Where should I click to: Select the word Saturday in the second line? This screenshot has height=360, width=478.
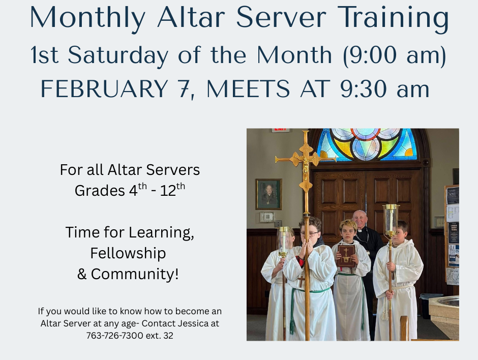(x=117, y=55)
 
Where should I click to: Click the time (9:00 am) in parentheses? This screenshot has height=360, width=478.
(x=395, y=55)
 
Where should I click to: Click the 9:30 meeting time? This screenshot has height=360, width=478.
(x=364, y=88)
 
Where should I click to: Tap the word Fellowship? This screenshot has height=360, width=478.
(x=128, y=253)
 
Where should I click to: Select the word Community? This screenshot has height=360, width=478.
(x=135, y=274)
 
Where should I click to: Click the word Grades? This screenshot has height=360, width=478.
(x=100, y=191)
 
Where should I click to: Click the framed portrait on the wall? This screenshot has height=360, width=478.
(x=268, y=194)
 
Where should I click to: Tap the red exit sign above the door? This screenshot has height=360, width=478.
(x=280, y=130)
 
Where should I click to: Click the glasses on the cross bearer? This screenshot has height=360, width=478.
(x=309, y=234)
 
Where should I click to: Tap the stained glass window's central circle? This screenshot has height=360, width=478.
(x=366, y=133)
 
